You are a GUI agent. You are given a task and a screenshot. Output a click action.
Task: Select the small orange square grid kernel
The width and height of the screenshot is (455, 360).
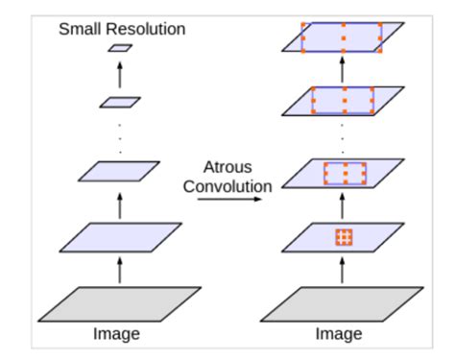[x=344, y=237]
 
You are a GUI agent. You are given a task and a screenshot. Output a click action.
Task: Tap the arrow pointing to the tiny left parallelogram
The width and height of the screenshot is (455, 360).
[x=119, y=73]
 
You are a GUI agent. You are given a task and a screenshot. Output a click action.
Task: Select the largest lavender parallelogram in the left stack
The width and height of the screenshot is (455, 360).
[x=119, y=236]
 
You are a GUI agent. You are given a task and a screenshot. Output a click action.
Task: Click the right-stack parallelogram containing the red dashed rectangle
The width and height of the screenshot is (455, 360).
[x=344, y=174]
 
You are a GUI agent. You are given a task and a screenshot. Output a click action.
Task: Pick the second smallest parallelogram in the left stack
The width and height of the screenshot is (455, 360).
[x=119, y=100]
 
